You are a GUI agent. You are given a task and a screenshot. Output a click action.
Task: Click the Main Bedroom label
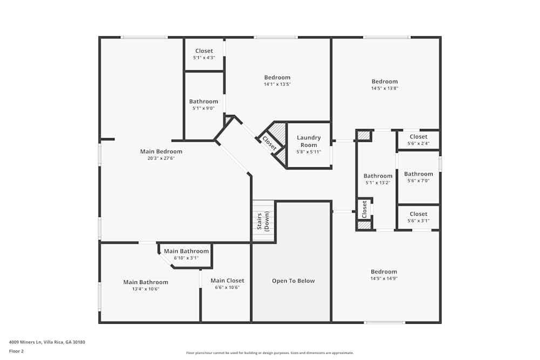[161, 152]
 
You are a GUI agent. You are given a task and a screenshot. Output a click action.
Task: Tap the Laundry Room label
[308, 141]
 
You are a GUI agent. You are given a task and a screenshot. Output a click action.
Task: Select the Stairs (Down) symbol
[263, 221]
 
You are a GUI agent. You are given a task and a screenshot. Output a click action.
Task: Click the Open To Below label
[293, 281]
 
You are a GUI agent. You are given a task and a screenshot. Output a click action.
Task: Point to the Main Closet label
[227, 281]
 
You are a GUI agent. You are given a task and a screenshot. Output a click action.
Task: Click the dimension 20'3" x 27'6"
[161, 159]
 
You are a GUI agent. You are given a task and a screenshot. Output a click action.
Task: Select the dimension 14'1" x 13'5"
[277, 85]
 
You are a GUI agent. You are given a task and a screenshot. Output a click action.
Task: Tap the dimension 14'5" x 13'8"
[384, 89]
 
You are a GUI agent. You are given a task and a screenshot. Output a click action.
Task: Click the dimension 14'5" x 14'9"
[383, 279]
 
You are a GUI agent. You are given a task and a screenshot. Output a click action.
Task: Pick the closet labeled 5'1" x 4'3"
[204, 54]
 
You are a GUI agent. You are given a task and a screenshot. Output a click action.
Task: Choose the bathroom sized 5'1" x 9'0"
[204, 104]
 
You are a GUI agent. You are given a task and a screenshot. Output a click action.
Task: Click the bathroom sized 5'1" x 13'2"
[377, 179]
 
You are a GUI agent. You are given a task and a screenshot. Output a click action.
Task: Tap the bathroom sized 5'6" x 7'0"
[418, 176]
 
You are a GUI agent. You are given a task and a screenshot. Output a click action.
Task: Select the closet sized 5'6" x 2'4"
[418, 140]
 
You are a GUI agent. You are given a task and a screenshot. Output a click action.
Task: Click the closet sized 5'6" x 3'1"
[418, 217]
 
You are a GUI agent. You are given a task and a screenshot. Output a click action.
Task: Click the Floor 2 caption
[16, 351]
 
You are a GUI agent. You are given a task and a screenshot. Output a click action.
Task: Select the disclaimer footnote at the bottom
[270, 353]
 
